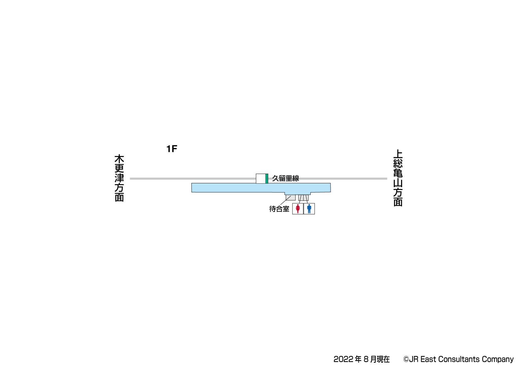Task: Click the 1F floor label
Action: click(x=172, y=149)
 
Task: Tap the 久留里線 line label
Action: click(x=285, y=178)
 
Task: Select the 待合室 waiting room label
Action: click(x=279, y=209)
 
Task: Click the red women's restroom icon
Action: click(x=298, y=209)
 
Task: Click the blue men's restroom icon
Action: click(x=309, y=209)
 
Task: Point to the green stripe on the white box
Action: click(x=267, y=178)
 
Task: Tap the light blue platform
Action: click(x=261, y=188)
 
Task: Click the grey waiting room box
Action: click(x=291, y=198)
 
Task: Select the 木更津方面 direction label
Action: click(x=119, y=178)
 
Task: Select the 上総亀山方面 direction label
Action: click(x=398, y=178)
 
